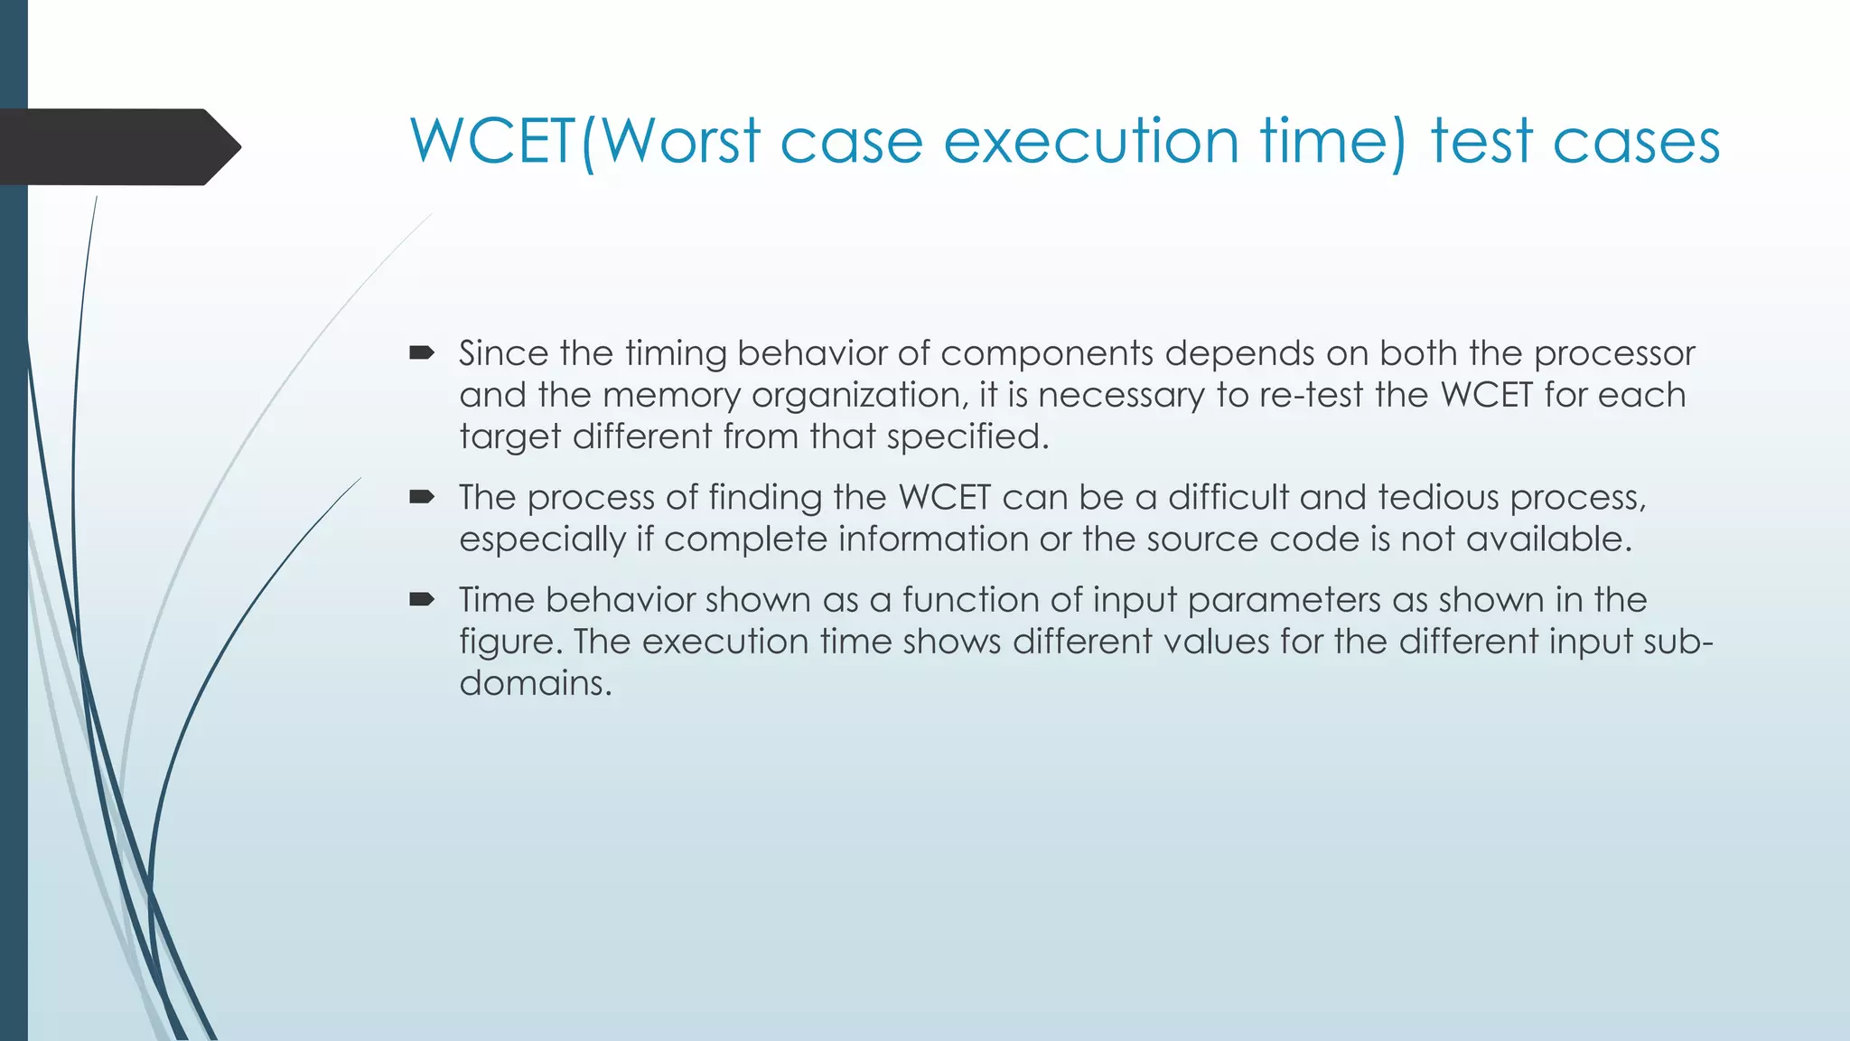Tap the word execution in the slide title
1090,142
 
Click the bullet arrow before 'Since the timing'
422,352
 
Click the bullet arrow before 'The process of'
422,496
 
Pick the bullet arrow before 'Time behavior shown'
422,599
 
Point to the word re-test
1311,395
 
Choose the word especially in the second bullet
542,539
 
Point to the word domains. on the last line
536,683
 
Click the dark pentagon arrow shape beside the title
117,147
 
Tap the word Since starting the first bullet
503,353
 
